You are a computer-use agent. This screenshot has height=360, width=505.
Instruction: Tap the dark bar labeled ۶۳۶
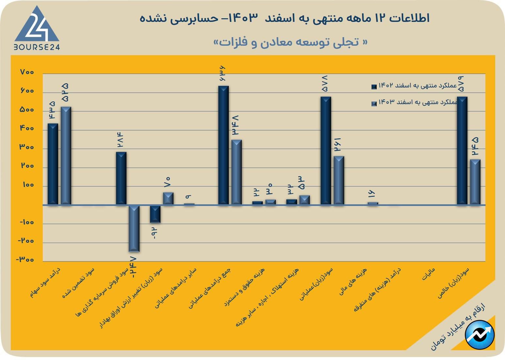[223, 145]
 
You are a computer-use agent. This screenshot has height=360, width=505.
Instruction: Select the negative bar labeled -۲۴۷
[134, 228]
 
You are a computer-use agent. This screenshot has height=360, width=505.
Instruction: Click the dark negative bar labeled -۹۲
[155, 214]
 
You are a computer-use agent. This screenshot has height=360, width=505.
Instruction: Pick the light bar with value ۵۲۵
[66, 156]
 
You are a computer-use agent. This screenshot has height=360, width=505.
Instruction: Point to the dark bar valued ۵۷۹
[462, 150]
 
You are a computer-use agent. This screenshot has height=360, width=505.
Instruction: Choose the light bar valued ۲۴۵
[475, 182]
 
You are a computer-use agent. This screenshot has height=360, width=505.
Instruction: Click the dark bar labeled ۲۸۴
[121, 178]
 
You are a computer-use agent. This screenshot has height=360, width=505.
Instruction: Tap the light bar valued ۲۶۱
[339, 180]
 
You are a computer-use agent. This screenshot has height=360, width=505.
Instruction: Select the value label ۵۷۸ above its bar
[325, 84]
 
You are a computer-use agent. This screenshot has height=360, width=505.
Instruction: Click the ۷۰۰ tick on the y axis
[27, 72]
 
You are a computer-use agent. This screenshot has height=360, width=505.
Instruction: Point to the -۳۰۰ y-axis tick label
[25, 260]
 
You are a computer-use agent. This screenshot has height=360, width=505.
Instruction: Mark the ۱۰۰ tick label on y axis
[28, 185]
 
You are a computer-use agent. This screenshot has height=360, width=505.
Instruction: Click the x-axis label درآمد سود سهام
[45, 282]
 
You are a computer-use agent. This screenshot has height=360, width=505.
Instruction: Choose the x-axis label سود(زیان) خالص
[453, 283]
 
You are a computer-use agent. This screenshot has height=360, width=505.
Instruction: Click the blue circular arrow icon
[480, 335]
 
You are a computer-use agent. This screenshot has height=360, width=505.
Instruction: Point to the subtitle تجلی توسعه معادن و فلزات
[290, 42]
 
